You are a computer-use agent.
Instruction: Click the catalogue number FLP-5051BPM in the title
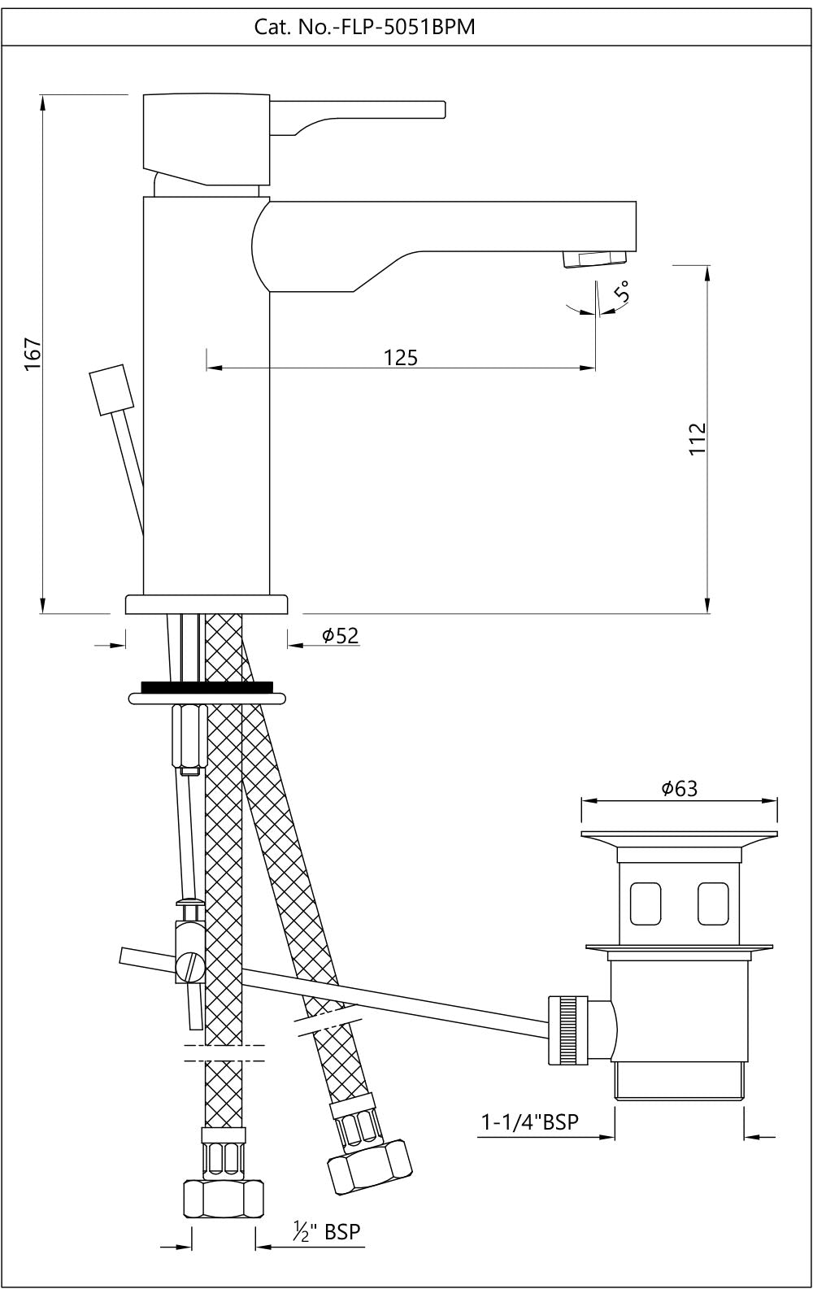pos(365,28)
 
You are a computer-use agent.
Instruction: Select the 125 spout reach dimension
pos(401,357)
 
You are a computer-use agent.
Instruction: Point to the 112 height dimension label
pos(698,439)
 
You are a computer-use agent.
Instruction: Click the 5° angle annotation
pos(622,291)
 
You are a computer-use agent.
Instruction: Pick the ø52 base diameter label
pos(340,636)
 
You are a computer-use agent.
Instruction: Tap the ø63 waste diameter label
pos(680,788)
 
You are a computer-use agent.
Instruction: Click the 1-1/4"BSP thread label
pos(530,1122)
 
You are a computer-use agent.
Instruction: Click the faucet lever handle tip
pos(440,110)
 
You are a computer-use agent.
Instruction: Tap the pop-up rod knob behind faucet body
pos(111,391)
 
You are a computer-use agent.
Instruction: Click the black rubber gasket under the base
pos(207,687)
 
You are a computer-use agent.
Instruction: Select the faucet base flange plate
pos(207,604)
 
